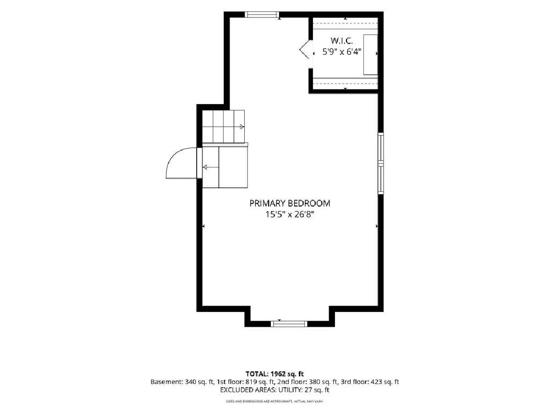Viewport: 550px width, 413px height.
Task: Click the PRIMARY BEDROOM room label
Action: point(290,203)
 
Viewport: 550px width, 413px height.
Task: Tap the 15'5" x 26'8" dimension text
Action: point(290,215)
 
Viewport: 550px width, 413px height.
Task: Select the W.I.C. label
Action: point(342,41)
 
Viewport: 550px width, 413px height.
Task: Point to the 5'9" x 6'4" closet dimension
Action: point(342,52)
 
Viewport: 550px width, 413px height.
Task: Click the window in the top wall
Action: point(262,15)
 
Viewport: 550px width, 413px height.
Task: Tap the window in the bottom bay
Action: point(289,324)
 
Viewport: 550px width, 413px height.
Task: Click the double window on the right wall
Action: point(380,163)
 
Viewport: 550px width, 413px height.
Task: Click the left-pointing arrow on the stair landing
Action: point(210,167)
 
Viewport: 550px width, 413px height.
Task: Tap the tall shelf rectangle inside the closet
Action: point(371,55)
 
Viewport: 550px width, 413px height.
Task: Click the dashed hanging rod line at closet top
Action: point(346,23)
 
